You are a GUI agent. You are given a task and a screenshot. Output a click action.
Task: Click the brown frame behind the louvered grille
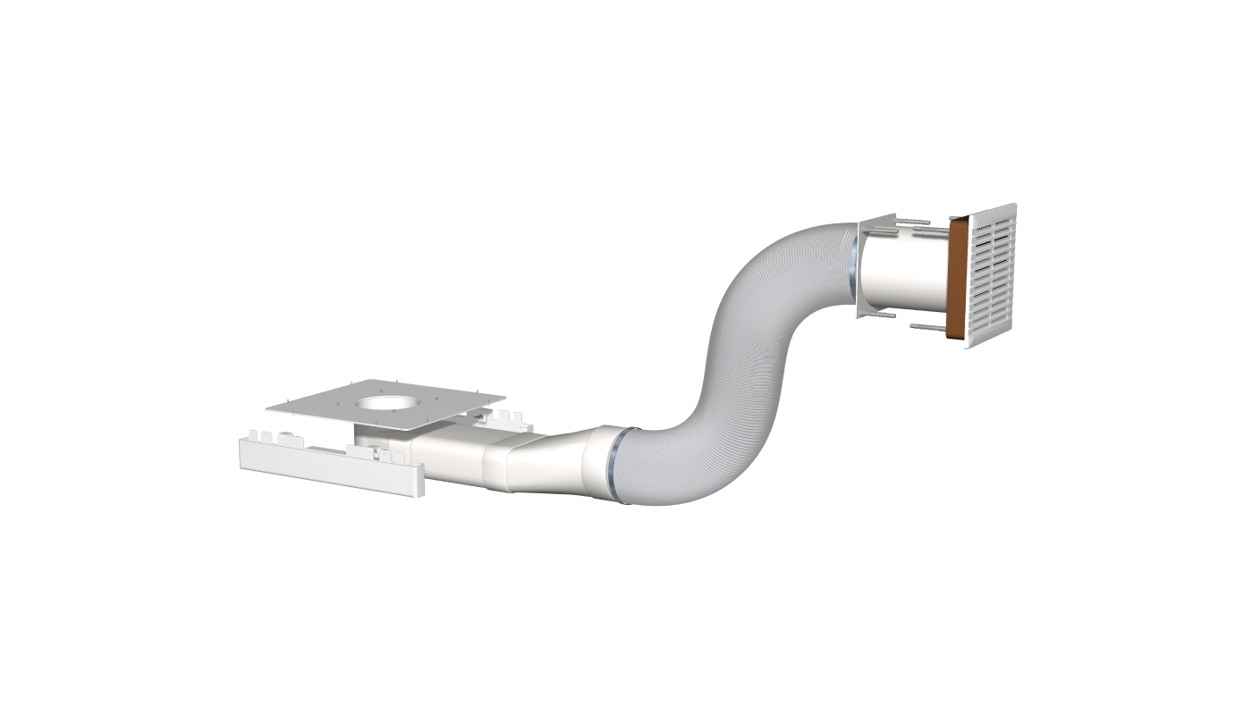tap(957, 279)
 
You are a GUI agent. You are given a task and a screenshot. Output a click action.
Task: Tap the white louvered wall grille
tap(993, 273)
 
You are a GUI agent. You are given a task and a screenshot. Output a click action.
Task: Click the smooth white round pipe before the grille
tap(903, 273)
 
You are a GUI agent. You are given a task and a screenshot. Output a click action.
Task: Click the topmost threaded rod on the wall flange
tap(912, 222)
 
